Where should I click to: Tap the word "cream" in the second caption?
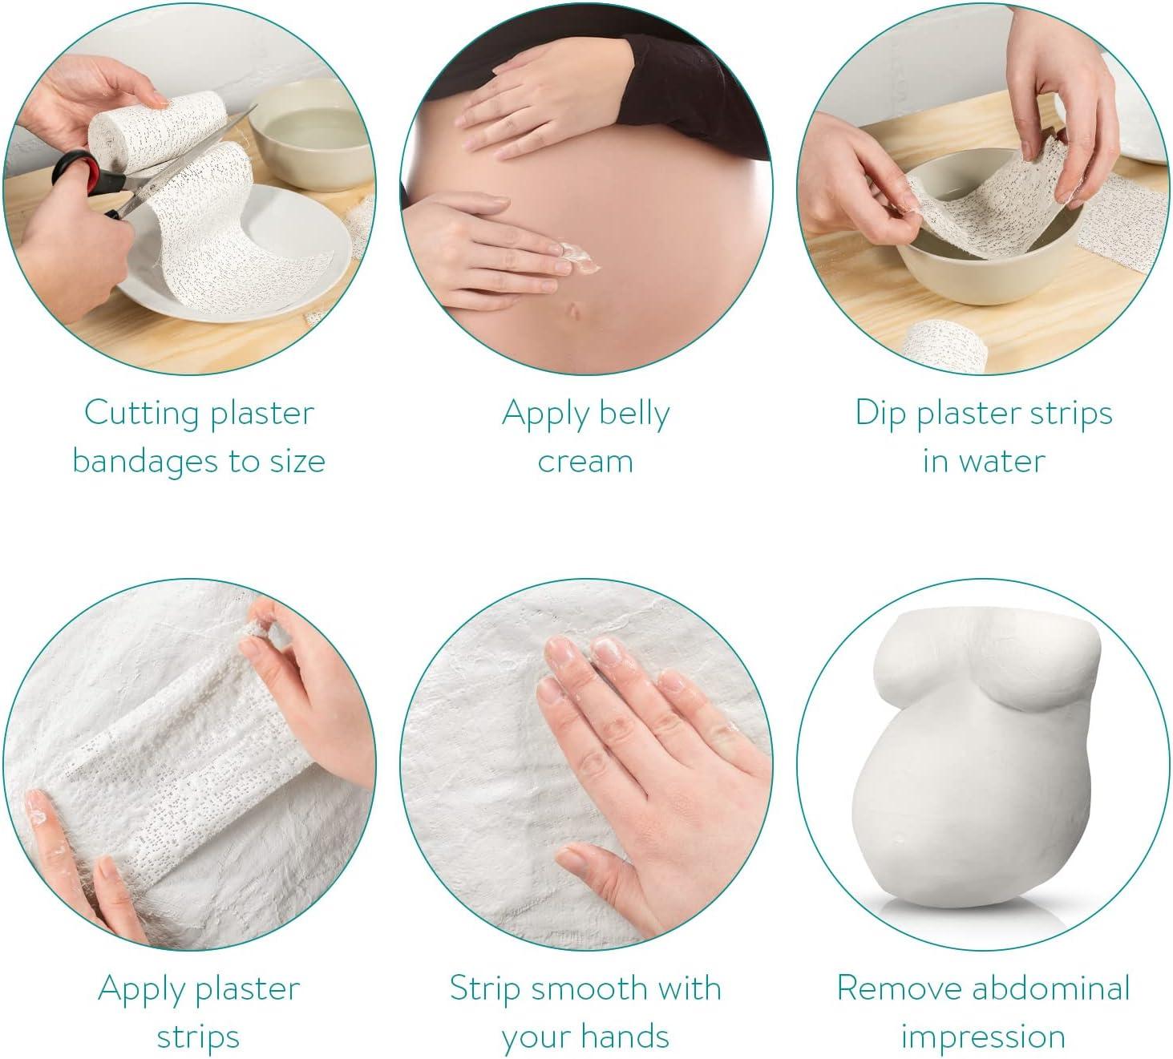point(585,462)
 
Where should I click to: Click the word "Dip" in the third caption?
point(880,414)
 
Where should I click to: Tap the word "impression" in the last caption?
point(983,1036)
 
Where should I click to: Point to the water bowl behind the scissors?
point(309,128)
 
